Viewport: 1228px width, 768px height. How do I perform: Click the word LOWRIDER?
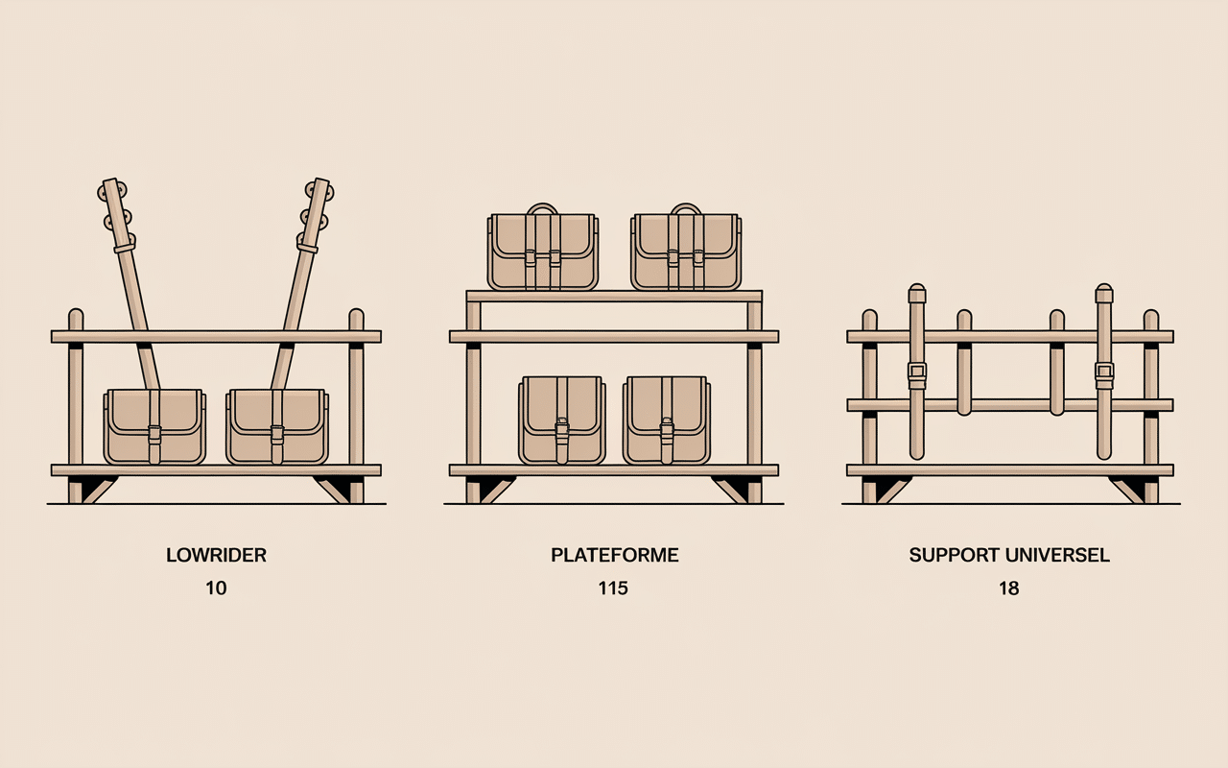click(x=216, y=555)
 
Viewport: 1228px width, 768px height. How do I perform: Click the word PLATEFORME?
click(x=615, y=555)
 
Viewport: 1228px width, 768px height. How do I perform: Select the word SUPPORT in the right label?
click(x=956, y=555)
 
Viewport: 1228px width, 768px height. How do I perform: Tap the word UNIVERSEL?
click(x=1058, y=555)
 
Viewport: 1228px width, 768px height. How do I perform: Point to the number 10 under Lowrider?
click(x=216, y=588)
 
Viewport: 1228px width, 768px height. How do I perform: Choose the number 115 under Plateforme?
click(x=613, y=588)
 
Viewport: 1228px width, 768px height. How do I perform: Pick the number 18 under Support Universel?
click(x=1008, y=588)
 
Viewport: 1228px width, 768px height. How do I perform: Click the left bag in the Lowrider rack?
click(x=155, y=427)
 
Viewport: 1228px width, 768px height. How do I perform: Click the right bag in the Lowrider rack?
click(x=277, y=427)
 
